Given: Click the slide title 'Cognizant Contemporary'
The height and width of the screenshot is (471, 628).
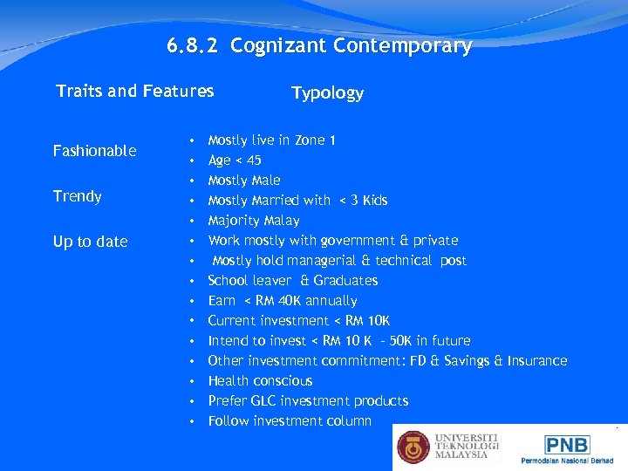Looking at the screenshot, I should coord(352,46).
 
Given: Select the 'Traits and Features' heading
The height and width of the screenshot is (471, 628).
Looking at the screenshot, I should coord(134,91).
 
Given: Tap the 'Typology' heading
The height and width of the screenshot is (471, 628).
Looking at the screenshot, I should coord(327,93).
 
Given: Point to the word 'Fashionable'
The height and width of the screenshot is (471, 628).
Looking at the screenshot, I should coord(94,151).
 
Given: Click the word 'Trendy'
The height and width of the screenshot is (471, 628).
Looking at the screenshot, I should coord(78,196).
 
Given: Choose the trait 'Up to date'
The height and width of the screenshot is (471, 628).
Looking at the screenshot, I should coord(90,242).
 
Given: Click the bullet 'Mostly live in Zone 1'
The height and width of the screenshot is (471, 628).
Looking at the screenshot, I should coord(272,140).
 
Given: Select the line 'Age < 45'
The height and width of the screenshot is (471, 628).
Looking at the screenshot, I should coord(235,160).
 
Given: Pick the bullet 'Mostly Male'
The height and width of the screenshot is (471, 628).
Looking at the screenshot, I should coord(244,181).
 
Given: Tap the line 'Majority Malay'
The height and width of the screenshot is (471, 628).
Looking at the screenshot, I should coord(254,221).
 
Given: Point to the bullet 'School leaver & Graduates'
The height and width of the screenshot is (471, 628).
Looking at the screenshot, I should coord(293,281).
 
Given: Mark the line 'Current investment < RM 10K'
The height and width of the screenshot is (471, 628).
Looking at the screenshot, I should coord(299,321).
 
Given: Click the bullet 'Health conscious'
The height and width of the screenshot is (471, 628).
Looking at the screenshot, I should coord(260,381).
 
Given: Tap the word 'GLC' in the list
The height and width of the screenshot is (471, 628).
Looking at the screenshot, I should coord(263,401).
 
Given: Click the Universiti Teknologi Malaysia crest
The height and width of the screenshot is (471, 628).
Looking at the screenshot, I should coord(414,447).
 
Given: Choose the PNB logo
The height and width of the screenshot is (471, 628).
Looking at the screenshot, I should coord(567,445).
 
